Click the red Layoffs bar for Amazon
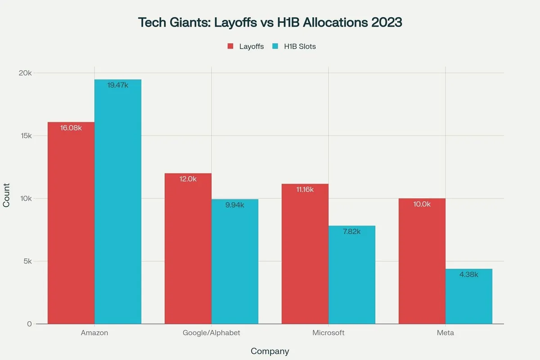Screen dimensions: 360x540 (x=71, y=225)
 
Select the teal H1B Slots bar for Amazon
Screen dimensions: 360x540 (x=118, y=202)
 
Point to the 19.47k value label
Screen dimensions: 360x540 (x=118, y=85)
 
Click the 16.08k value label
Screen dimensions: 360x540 (x=71, y=128)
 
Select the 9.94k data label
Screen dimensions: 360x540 (x=235, y=205)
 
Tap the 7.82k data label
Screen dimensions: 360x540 (x=352, y=231)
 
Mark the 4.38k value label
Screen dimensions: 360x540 (x=469, y=274)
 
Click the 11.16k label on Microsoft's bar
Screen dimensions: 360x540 (x=305, y=189)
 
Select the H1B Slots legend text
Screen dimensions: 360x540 (x=300, y=46)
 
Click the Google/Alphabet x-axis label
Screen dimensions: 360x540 (x=211, y=333)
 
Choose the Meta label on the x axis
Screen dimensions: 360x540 (x=445, y=333)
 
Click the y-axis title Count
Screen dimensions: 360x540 (x=6, y=198)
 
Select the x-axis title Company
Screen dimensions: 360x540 (x=270, y=351)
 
